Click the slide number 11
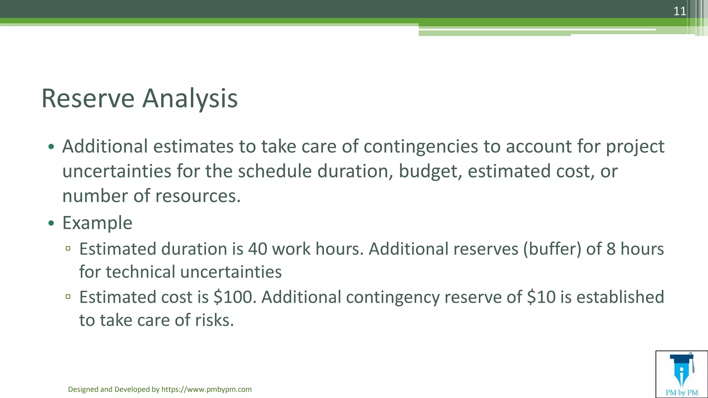pos(680,11)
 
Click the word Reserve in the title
pos(88,98)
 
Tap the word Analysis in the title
pos(190,98)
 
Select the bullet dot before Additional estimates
pos(51,147)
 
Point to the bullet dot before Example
pos(51,223)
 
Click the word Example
pos(97,223)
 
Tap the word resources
pos(197,196)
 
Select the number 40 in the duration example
pos(258,249)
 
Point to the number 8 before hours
pos(611,249)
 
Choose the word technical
pos(140,272)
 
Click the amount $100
pos(235,297)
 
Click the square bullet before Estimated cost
pos(68,296)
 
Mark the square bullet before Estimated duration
pos(68,248)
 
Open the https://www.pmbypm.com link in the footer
pos(206,389)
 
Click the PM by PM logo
pos(681,374)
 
